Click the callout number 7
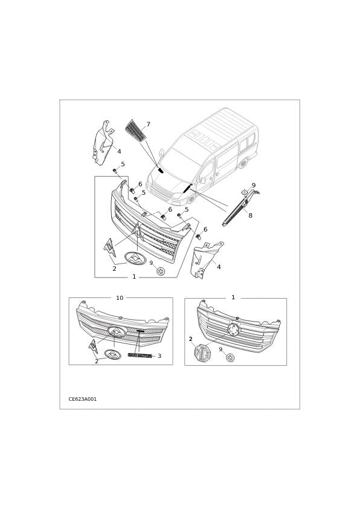click(x=148, y=125)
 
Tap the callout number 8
click(x=250, y=215)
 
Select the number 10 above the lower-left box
click(x=120, y=298)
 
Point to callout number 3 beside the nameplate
click(x=159, y=356)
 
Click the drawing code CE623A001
click(x=83, y=399)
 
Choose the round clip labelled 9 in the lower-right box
click(x=230, y=358)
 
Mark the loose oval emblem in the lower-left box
click(x=113, y=355)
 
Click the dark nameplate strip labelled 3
click(x=140, y=355)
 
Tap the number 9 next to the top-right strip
click(x=254, y=186)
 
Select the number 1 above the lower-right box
click(x=233, y=297)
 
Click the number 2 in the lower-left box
click(x=96, y=361)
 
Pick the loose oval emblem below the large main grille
click(x=135, y=259)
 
